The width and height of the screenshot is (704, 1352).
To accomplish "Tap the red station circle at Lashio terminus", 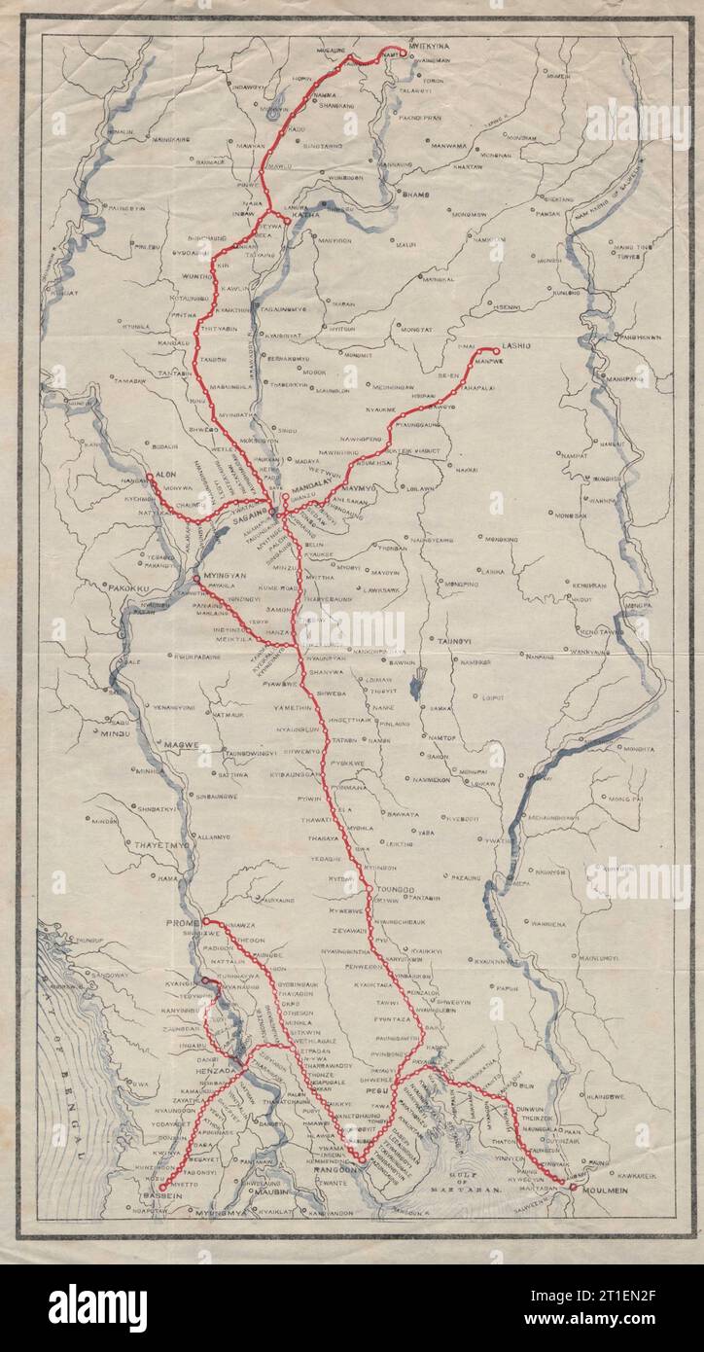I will click(496, 351).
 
